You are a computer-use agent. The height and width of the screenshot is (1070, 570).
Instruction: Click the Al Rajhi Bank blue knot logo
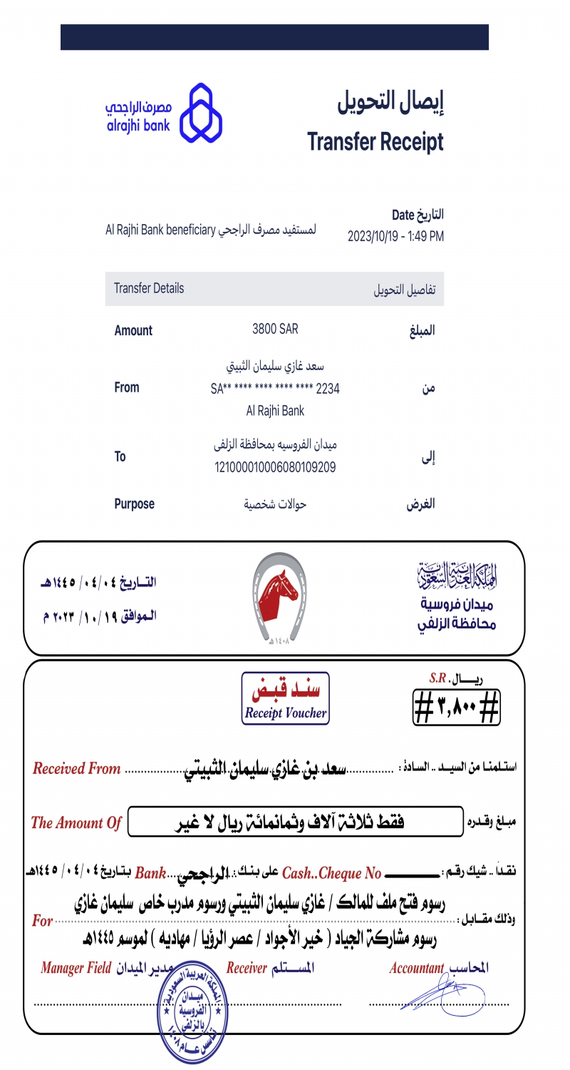pos(200,113)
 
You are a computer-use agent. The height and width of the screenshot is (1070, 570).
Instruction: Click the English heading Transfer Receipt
pos(375,142)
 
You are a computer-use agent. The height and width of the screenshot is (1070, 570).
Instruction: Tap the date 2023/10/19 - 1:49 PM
pos(395,236)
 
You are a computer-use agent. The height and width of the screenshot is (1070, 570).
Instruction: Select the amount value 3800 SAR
pos(275,329)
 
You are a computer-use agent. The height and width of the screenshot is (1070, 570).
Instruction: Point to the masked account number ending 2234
pos(275,389)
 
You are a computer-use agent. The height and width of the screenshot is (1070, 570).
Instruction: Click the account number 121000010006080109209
pos(275,467)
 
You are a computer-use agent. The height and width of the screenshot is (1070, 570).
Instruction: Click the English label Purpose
pos(134,504)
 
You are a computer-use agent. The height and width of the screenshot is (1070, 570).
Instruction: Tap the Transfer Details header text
pos(149,288)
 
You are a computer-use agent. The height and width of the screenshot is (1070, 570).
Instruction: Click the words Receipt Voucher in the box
pos(285,713)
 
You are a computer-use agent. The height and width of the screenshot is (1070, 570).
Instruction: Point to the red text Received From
pos(77,769)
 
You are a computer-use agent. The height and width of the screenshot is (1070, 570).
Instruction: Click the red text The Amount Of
pos(76,822)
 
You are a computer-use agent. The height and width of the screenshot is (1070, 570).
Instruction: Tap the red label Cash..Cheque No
pos(332,873)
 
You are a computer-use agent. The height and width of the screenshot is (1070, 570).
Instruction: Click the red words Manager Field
pos(76,968)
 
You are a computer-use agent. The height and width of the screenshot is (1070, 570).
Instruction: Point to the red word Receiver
pos(247,968)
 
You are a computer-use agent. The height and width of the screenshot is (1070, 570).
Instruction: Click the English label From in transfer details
pos(127,387)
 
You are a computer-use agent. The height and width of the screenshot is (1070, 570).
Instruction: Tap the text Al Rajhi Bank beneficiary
pos(160,230)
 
